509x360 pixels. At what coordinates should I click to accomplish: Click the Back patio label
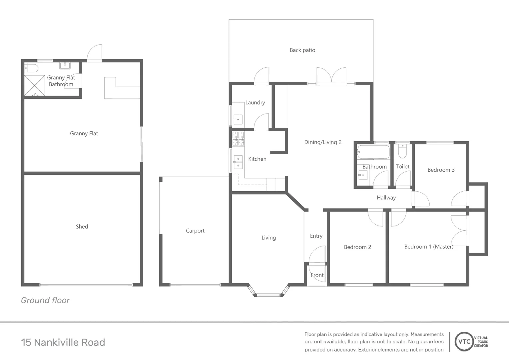point(302,50)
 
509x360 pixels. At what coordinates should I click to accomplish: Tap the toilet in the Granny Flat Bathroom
point(32,68)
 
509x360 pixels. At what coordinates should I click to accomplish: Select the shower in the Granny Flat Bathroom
point(35,85)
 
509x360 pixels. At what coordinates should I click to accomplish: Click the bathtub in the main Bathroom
point(373,152)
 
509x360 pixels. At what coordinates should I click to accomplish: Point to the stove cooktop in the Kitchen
point(238,139)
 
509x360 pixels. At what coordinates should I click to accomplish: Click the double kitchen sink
point(238,162)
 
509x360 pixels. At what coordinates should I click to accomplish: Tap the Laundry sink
point(238,119)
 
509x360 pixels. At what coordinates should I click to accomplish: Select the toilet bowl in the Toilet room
point(402,152)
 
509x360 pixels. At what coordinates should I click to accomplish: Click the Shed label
point(82,227)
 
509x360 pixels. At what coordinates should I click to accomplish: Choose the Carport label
point(195,231)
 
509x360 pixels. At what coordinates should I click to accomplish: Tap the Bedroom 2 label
point(357,247)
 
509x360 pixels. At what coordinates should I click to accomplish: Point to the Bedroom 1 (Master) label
point(429,247)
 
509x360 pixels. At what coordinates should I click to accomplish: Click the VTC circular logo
point(464,341)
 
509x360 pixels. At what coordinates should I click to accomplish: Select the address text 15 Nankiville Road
point(63,342)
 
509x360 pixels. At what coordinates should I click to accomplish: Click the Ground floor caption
point(45,300)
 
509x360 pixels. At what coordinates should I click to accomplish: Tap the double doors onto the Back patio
point(331,76)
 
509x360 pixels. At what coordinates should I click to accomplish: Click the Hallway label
point(386,198)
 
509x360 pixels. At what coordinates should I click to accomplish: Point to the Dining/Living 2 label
point(323,142)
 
